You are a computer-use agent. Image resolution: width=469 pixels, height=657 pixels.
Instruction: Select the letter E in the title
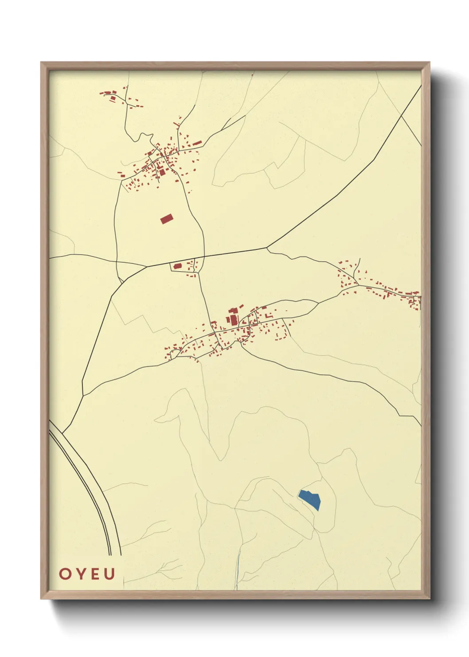94,574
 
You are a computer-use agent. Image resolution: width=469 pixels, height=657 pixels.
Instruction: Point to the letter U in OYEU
109,574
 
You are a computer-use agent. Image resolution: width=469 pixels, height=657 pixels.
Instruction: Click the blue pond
310,499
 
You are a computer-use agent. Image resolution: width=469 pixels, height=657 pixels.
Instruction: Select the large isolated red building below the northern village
167,218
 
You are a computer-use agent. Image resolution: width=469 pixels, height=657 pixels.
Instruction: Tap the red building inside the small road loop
178,266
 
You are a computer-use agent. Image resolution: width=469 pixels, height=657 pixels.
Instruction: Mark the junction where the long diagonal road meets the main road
267,247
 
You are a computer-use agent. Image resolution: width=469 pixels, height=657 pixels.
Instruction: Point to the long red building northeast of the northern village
196,143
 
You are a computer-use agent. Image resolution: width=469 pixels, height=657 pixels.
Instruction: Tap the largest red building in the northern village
162,172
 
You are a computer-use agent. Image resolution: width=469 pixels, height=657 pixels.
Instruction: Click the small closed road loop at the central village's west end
173,353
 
